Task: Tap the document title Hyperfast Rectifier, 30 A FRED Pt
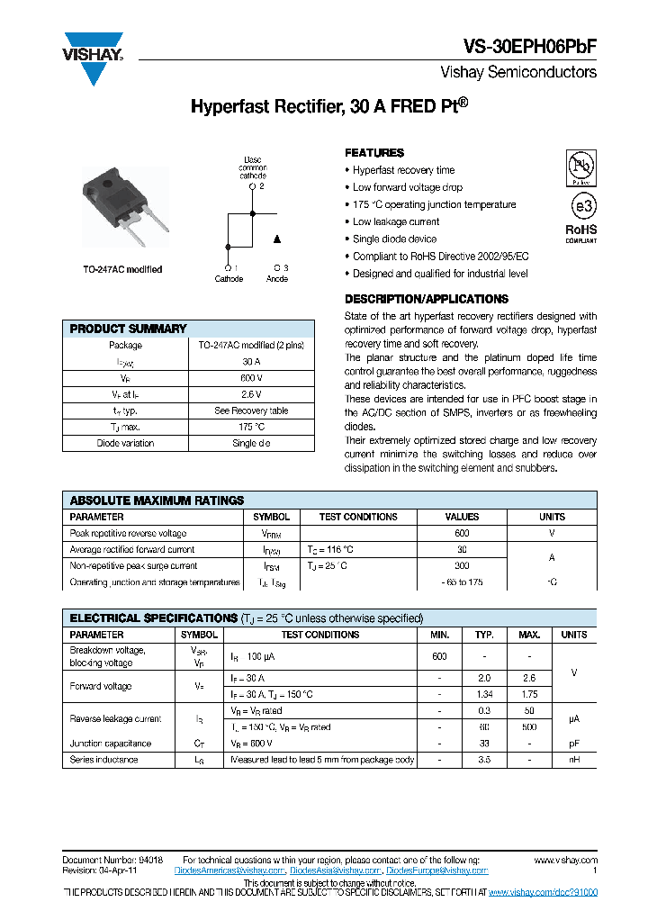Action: pyautogui.click(x=328, y=106)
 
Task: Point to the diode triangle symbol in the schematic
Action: pyautogui.click(x=277, y=239)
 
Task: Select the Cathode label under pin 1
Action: pyautogui.click(x=229, y=279)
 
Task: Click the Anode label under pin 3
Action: pyautogui.click(x=277, y=279)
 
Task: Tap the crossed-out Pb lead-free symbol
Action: pyautogui.click(x=580, y=167)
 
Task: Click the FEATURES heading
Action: pyautogui.click(x=374, y=153)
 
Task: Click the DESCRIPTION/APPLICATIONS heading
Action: pyautogui.click(x=427, y=299)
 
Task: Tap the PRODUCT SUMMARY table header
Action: pyautogui.click(x=128, y=329)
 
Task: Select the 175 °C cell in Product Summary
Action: pyautogui.click(x=251, y=427)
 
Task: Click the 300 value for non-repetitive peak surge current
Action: pyautogui.click(x=462, y=565)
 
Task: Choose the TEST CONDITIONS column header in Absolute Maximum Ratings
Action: pyautogui.click(x=358, y=517)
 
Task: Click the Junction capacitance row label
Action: pyautogui.click(x=111, y=744)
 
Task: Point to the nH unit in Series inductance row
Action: pyautogui.click(x=573, y=760)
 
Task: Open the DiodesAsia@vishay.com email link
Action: pyautogui.click(x=337, y=870)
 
